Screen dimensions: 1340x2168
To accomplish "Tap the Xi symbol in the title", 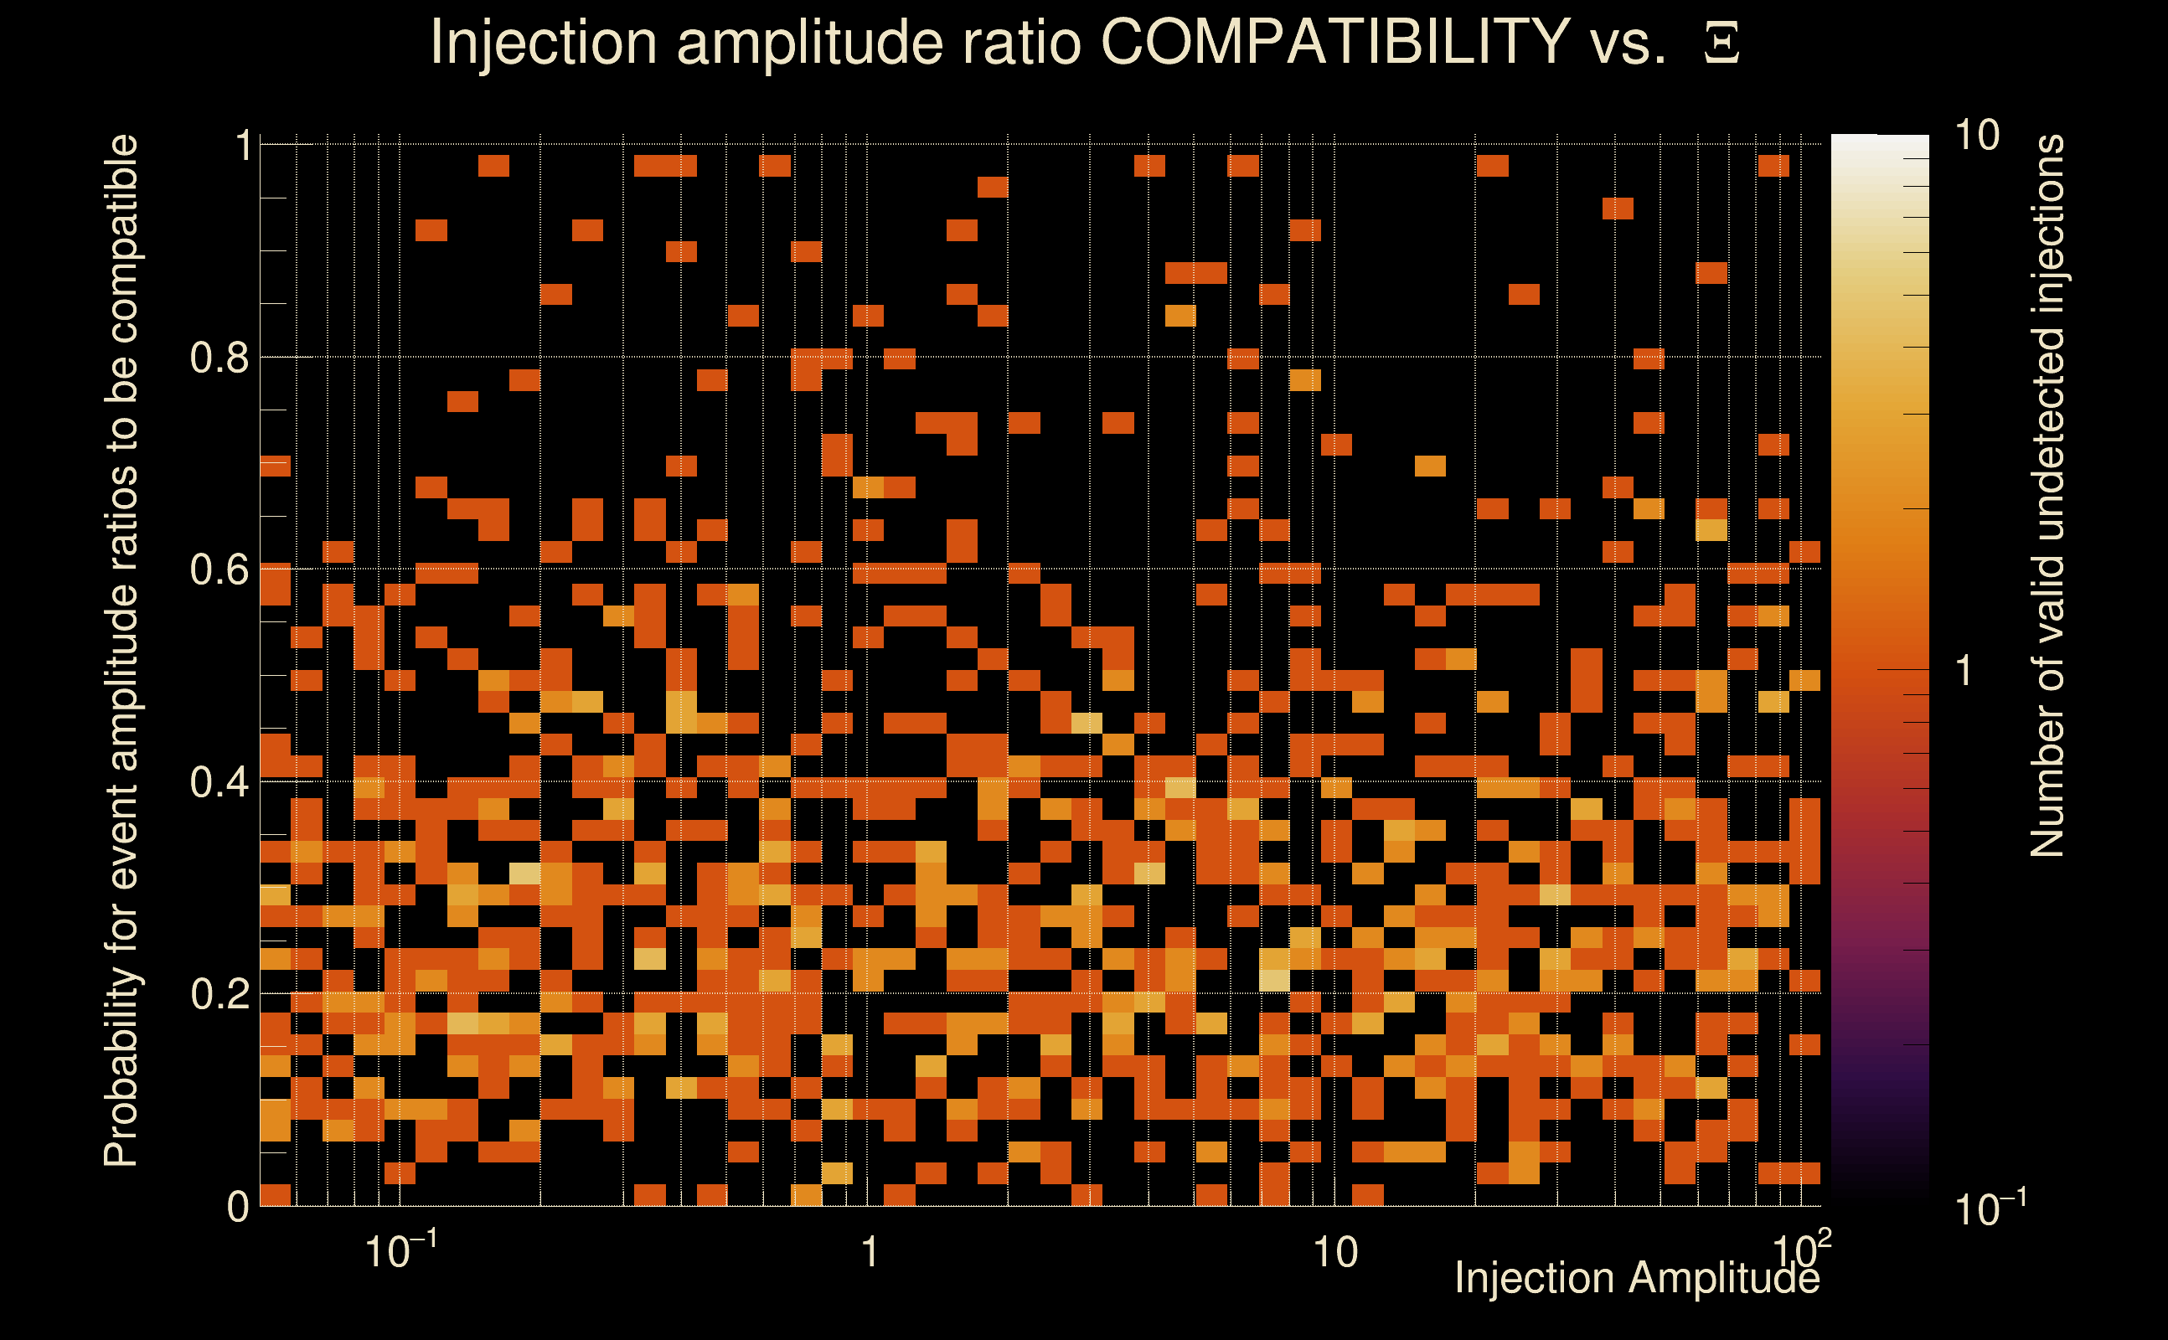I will pyautogui.click(x=1721, y=44).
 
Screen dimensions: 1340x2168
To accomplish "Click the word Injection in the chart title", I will pyautogui.click(x=543, y=42).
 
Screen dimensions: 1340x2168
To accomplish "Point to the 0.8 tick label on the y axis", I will pyautogui.click(x=219, y=358).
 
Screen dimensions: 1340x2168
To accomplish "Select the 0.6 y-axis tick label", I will pyautogui.click(x=219, y=569).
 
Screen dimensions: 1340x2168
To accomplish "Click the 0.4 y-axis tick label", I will pyautogui.click(x=219, y=782).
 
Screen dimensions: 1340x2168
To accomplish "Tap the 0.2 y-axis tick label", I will pyautogui.click(x=219, y=994).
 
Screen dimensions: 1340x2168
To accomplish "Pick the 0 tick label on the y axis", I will pyautogui.click(x=238, y=1207).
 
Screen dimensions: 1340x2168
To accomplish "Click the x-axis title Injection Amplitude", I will pyautogui.click(x=1637, y=1279).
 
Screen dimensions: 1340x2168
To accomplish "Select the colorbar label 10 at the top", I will pyautogui.click(x=1976, y=137).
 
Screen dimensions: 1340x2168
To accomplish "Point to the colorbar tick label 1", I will pyautogui.click(x=1964, y=671).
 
